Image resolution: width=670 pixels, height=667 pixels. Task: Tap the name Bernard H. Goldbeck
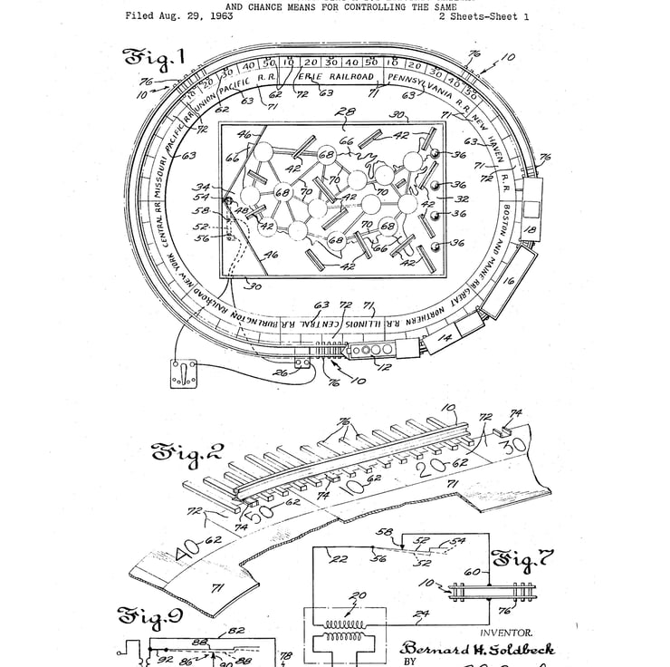point(477,649)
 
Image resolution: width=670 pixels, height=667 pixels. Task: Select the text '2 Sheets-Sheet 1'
point(484,16)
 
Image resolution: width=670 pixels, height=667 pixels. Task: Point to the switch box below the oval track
point(184,372)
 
